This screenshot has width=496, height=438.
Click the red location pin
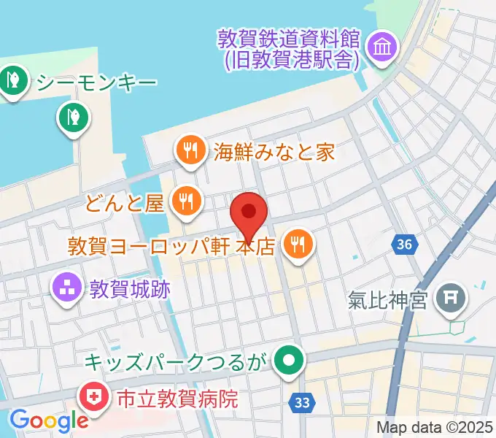(x=249, y=214)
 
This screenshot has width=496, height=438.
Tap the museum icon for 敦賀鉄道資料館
(x=381, y=48)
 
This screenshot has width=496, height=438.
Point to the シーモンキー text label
(x=96, y=81)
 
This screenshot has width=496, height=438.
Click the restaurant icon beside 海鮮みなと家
(x=191, y=152)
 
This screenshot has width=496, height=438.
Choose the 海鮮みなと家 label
(x=274, y=152)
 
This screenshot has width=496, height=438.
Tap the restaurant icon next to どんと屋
(x=187, y=201)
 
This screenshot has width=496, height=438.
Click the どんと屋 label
(x=125, y=202)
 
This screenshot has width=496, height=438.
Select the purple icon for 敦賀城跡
(x=67, y=289)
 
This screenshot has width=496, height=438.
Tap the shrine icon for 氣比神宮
(x=449, y=299)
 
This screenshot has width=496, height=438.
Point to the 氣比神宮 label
(x=387, y=299)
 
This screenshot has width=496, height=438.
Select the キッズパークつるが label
(x=176, y=361)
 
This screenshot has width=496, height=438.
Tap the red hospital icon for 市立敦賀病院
(x=93, y=398)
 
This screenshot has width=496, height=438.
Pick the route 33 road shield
(x=302, y=401)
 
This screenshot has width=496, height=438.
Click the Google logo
(x=48, y=420)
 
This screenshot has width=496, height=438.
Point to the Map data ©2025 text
(x=435, y=427)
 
